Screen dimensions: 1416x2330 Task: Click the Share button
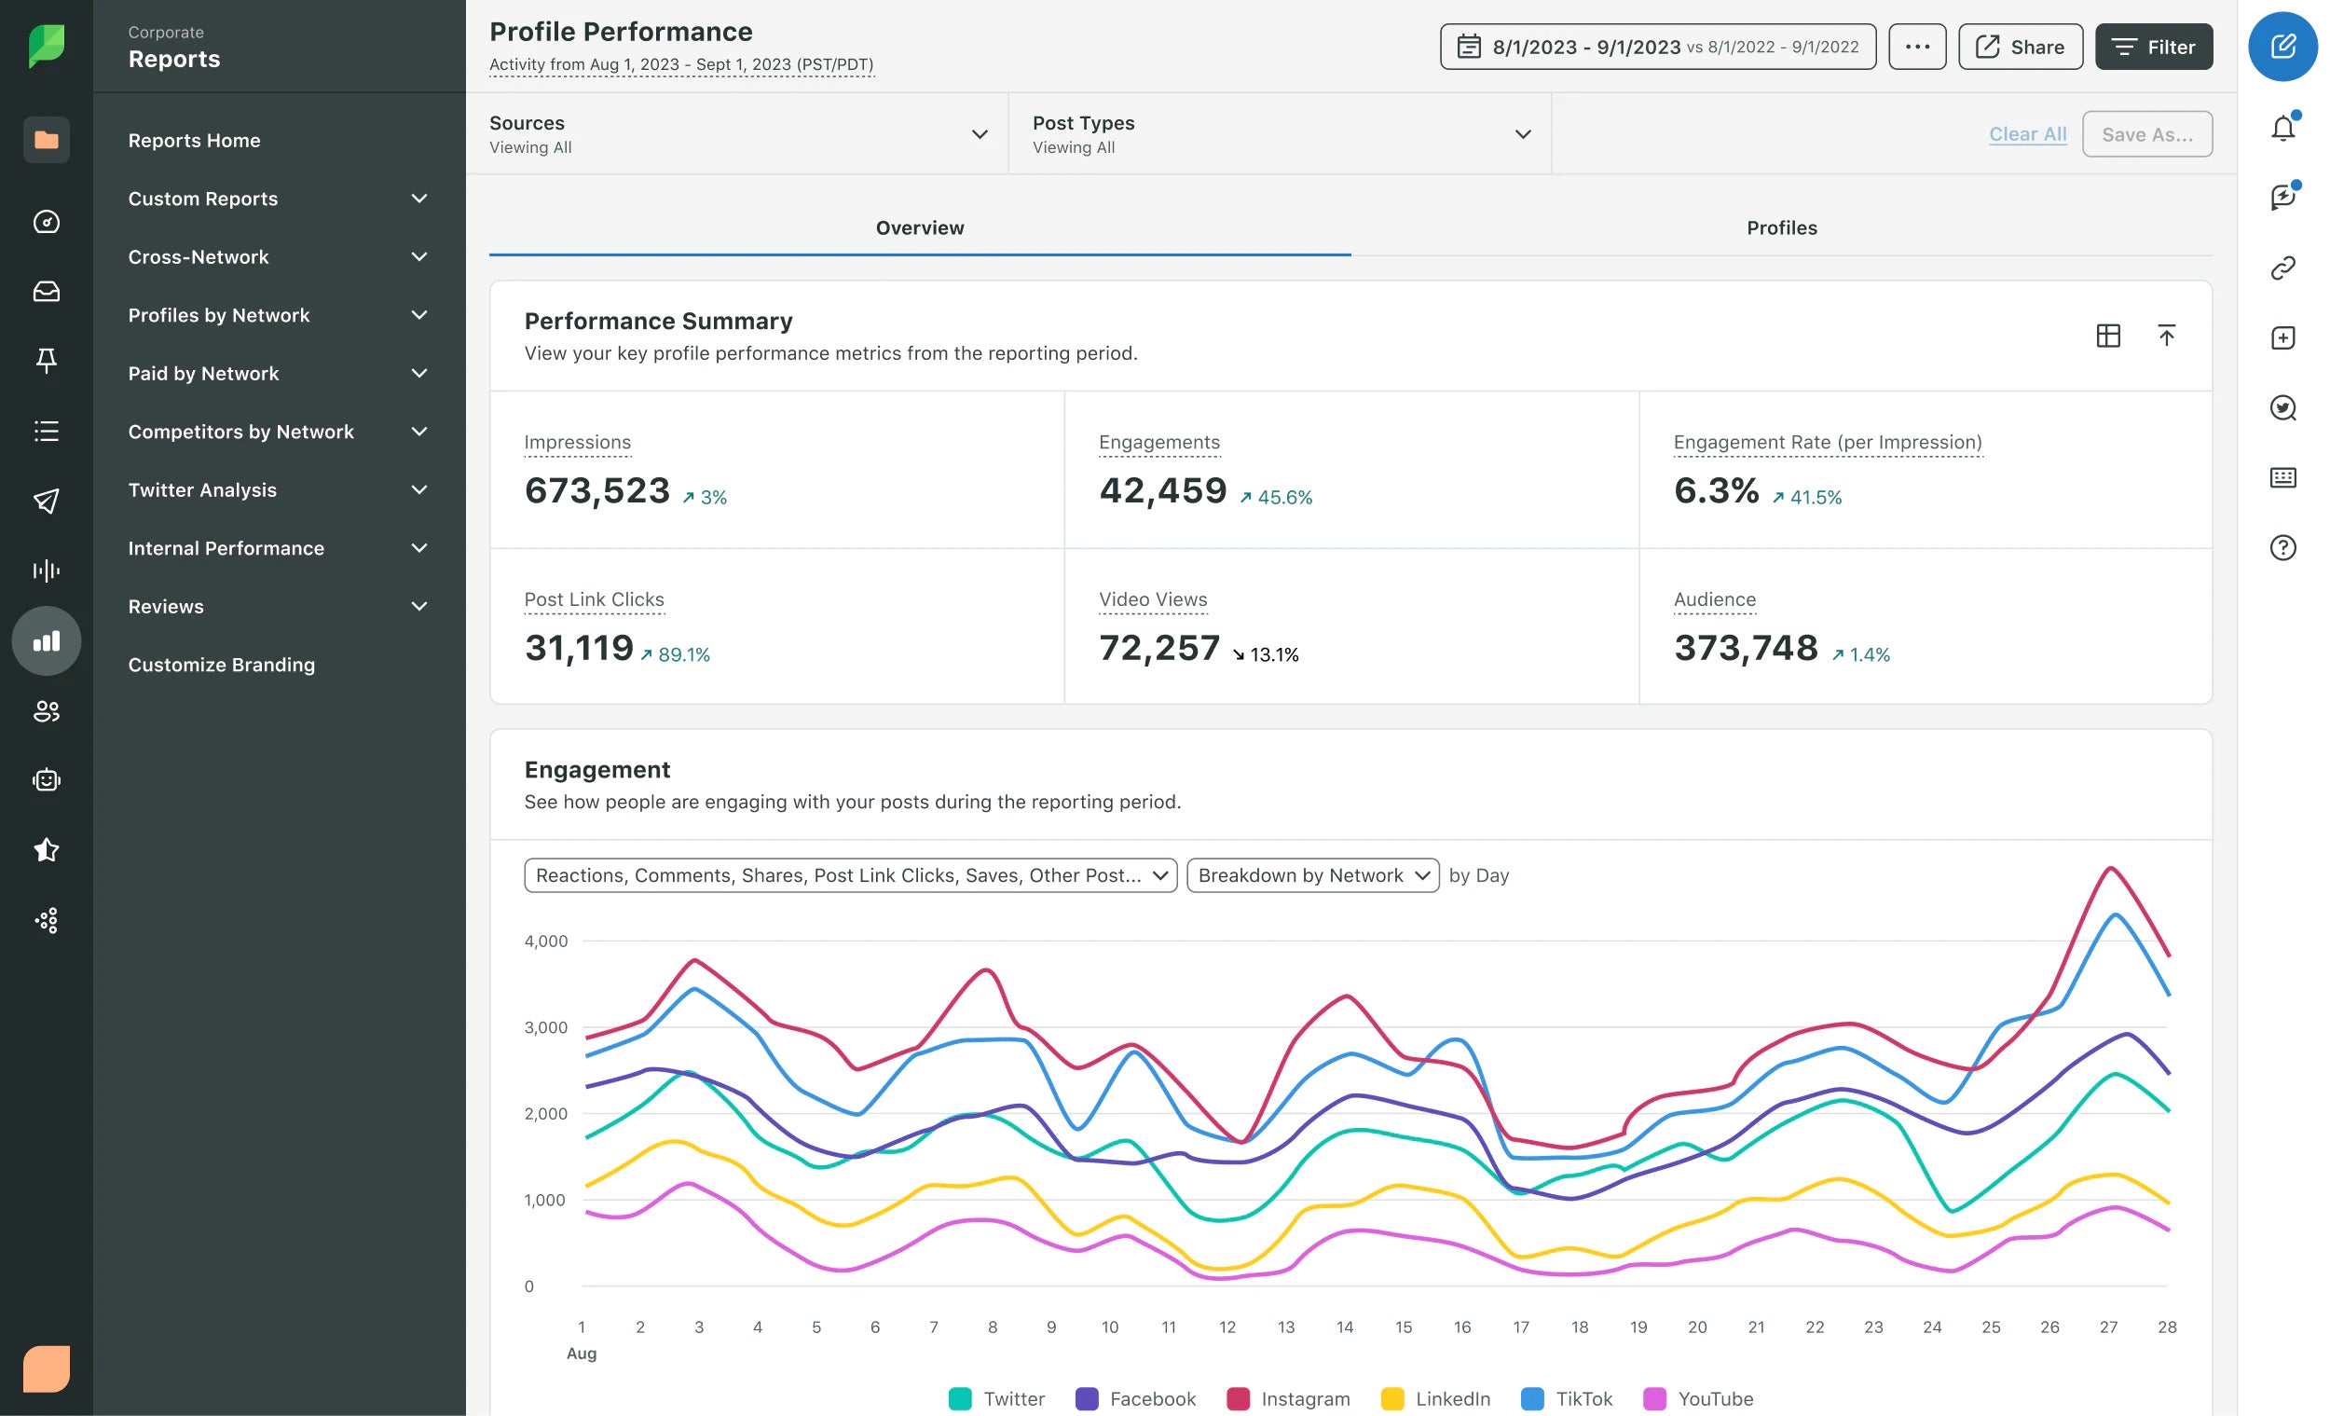(x=2020, y=48)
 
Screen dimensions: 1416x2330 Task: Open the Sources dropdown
(x=737, y=134)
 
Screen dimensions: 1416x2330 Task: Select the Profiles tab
(x=1781, y=228)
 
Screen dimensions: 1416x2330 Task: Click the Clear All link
(x=2026, y=134)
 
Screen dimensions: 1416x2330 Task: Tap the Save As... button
(x=2145, y=134)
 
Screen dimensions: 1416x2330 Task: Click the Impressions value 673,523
(x=596, y=491)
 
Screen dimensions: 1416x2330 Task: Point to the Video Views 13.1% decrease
(x=1266, y=654)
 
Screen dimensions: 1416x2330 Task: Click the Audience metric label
(x=1713, y=599)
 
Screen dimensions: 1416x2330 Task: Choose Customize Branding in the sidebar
(x=221, y=665)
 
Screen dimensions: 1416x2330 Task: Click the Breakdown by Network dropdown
(x=1311, y=876)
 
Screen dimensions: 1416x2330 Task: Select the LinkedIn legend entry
(x=1435, y=1398)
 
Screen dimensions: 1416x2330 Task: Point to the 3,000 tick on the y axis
(x=545, y=1027)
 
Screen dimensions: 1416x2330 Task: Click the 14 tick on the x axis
(x=1344, y=1327)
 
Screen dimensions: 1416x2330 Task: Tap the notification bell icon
(x=2282, y=129)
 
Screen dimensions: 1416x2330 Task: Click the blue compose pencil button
(x=2282, y=48)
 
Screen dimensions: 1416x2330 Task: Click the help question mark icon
(x=2282, y=548)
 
